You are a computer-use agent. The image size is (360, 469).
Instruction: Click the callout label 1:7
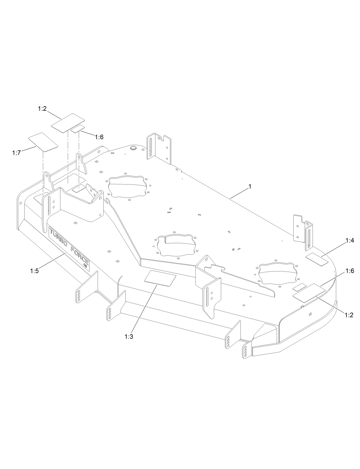click(x=16, y=153)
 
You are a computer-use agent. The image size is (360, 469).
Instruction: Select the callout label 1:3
click(x=129, y=337)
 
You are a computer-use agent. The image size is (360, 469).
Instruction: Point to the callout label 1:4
click(x=349, y=241)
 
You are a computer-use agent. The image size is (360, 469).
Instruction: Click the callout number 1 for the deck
click(x=250, y=186)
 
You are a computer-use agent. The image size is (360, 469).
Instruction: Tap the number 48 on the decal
click(x=85, y=266)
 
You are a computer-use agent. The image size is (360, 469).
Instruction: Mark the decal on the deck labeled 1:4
click(x=317, y=259)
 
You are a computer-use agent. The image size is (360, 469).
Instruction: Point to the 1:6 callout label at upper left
click(x=99, y=137)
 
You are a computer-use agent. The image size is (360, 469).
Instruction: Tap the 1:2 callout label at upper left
click(x=42, y=109)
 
